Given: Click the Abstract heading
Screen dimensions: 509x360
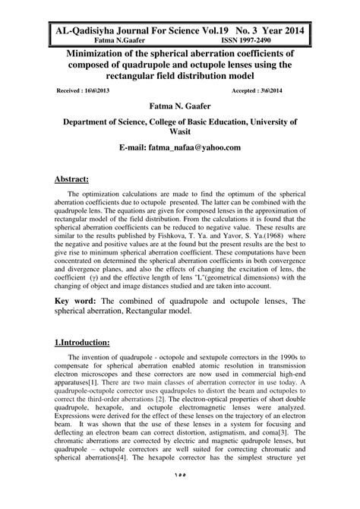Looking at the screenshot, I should coord(72,179).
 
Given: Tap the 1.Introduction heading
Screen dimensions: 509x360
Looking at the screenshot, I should coord(84,342).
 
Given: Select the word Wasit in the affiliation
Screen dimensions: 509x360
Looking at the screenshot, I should coord(180,131).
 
